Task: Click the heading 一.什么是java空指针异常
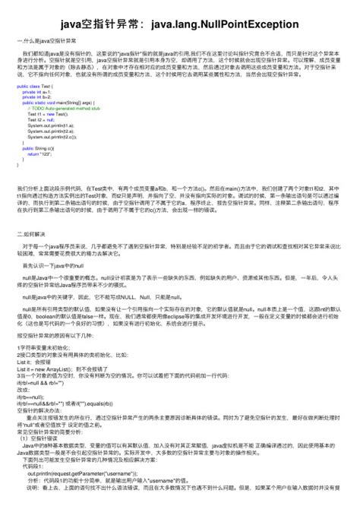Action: click(43, 43)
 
